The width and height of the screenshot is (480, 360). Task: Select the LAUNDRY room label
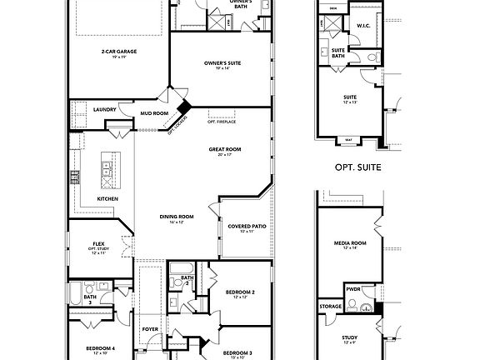tap(104, 109)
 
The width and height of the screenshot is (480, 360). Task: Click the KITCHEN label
tap(107, 199)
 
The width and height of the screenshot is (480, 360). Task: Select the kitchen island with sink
tap(108, 171)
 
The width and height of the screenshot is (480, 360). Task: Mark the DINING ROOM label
tap(177, 217)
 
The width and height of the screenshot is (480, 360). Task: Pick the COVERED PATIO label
tap(245, 227)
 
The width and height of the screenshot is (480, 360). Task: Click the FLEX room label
tap(98, 243)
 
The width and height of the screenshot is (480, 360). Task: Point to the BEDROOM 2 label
tap(241, 292)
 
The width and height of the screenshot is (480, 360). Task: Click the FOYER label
tap(149, 328)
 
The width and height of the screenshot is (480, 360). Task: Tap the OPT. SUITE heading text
tap(357, 167)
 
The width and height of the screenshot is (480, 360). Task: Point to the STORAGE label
tap(330, 306)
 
